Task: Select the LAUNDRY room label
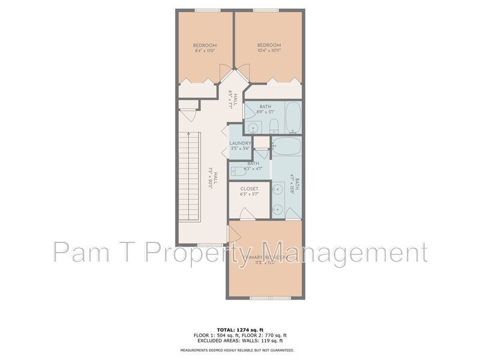click(x=239, y=143)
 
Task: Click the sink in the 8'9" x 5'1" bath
click(x=254, y=127)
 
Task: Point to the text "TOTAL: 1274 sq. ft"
click(x=240, y=329)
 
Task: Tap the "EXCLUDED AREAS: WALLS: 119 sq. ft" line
click(x=240, y=340)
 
